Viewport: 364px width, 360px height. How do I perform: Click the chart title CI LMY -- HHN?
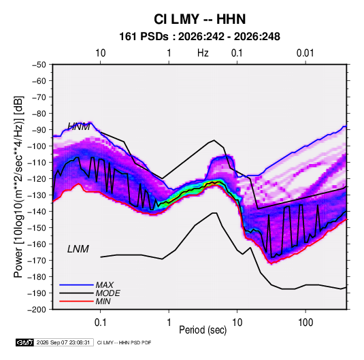199,19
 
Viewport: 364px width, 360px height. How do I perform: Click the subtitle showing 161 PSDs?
199,37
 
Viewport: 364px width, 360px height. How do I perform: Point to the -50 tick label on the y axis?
39,65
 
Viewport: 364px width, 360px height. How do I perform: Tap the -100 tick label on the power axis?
37,146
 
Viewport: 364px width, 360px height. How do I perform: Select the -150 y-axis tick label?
37,227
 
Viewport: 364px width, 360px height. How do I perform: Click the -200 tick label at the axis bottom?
37,310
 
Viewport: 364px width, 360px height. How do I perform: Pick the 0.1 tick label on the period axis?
101,323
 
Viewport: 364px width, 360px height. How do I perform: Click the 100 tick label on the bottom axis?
305,323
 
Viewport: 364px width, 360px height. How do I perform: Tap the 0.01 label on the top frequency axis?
305,53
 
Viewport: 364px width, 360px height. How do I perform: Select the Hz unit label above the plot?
203,53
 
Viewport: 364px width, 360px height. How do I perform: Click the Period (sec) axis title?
203,330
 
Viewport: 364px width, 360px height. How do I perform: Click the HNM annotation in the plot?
78,127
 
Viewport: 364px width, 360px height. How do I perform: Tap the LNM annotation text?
78,249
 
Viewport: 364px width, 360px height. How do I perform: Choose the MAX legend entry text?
105,285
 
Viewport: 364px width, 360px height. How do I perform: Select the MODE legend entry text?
107,293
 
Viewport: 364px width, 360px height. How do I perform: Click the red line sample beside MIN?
76,301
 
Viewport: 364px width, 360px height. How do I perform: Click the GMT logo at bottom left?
25,342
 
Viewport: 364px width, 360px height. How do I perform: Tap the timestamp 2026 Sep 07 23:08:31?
63,342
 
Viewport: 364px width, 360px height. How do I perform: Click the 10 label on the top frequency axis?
101,53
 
